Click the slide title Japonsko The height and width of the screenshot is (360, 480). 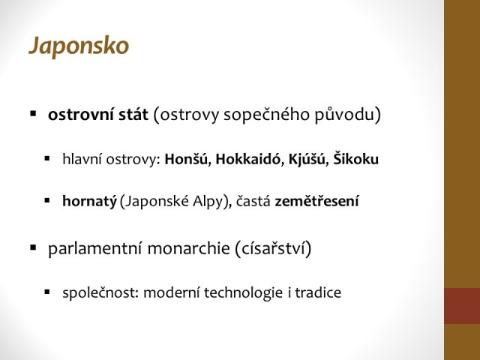79,46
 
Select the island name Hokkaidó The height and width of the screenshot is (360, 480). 248,159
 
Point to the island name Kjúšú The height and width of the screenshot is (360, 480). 307,159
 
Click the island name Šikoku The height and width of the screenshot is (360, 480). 355,158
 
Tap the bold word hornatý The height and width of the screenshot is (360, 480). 89,202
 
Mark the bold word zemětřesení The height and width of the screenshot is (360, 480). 316,201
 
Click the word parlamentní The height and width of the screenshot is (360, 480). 95,248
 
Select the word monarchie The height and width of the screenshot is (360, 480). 188,248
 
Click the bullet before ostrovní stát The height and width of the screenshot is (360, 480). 33,114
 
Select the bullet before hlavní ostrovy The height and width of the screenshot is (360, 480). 46,158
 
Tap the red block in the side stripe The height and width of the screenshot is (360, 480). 462,306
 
